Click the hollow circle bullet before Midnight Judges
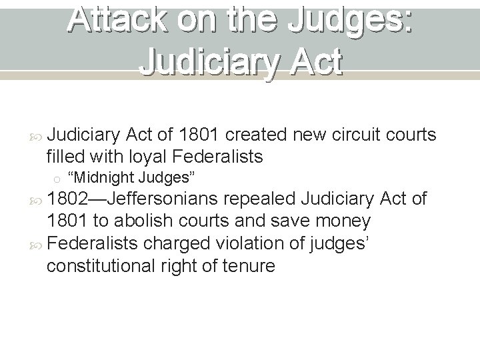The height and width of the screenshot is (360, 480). tap(58, 179)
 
